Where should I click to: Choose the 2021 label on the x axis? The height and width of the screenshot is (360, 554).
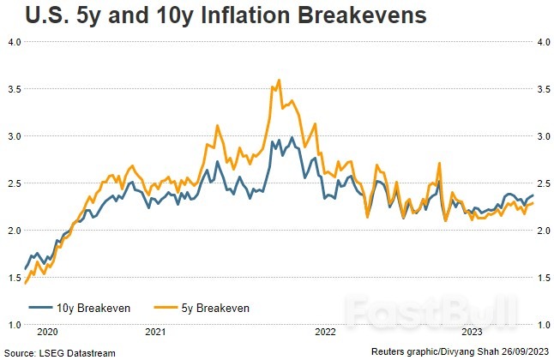(x=156, y=331)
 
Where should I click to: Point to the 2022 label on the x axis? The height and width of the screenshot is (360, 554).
(x=325, y=331)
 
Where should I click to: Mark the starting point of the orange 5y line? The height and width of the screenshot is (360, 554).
(x=25, y=283)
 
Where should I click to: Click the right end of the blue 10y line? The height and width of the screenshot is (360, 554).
(x=533, y=195)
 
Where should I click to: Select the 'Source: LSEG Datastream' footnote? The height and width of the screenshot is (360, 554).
(x=57, y=352)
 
